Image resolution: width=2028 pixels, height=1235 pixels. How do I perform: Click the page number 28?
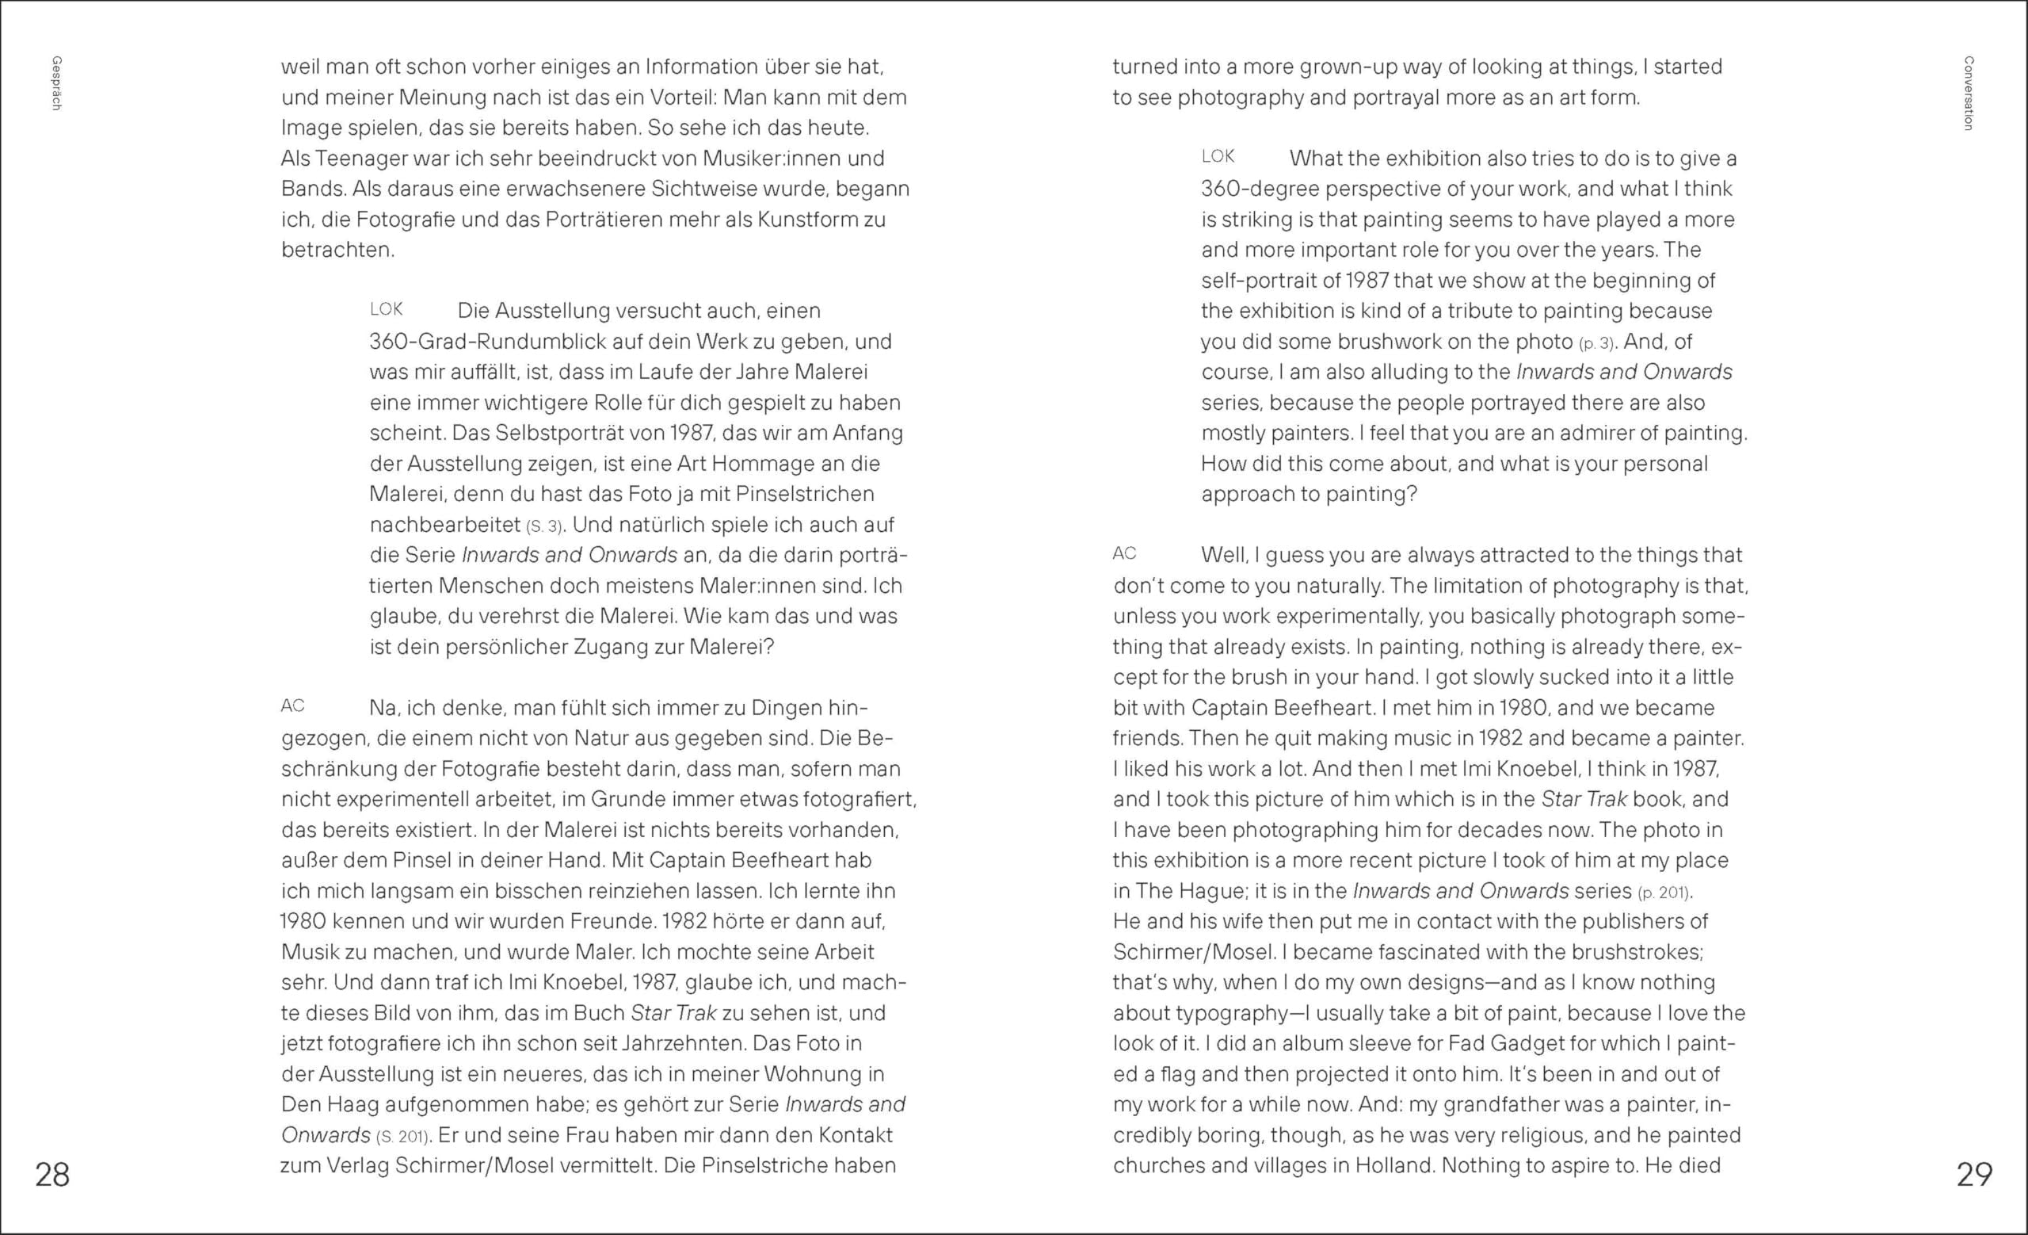(x=51, y=1174)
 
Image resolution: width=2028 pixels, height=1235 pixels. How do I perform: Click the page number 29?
(x=1973, y=1174)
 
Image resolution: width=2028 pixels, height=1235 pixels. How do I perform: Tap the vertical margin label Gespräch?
(x=57, y=83)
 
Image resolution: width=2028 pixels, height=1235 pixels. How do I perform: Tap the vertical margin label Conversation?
(x=1968, y=93)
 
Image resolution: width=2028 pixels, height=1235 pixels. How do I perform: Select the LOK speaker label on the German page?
(x=386, y=310)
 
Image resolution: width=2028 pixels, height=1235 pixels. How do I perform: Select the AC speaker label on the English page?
(x=1124, y=554)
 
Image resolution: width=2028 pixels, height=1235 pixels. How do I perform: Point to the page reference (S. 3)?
(x=545, y=526)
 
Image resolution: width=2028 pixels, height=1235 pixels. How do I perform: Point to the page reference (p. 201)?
(x=1664, y=892)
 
